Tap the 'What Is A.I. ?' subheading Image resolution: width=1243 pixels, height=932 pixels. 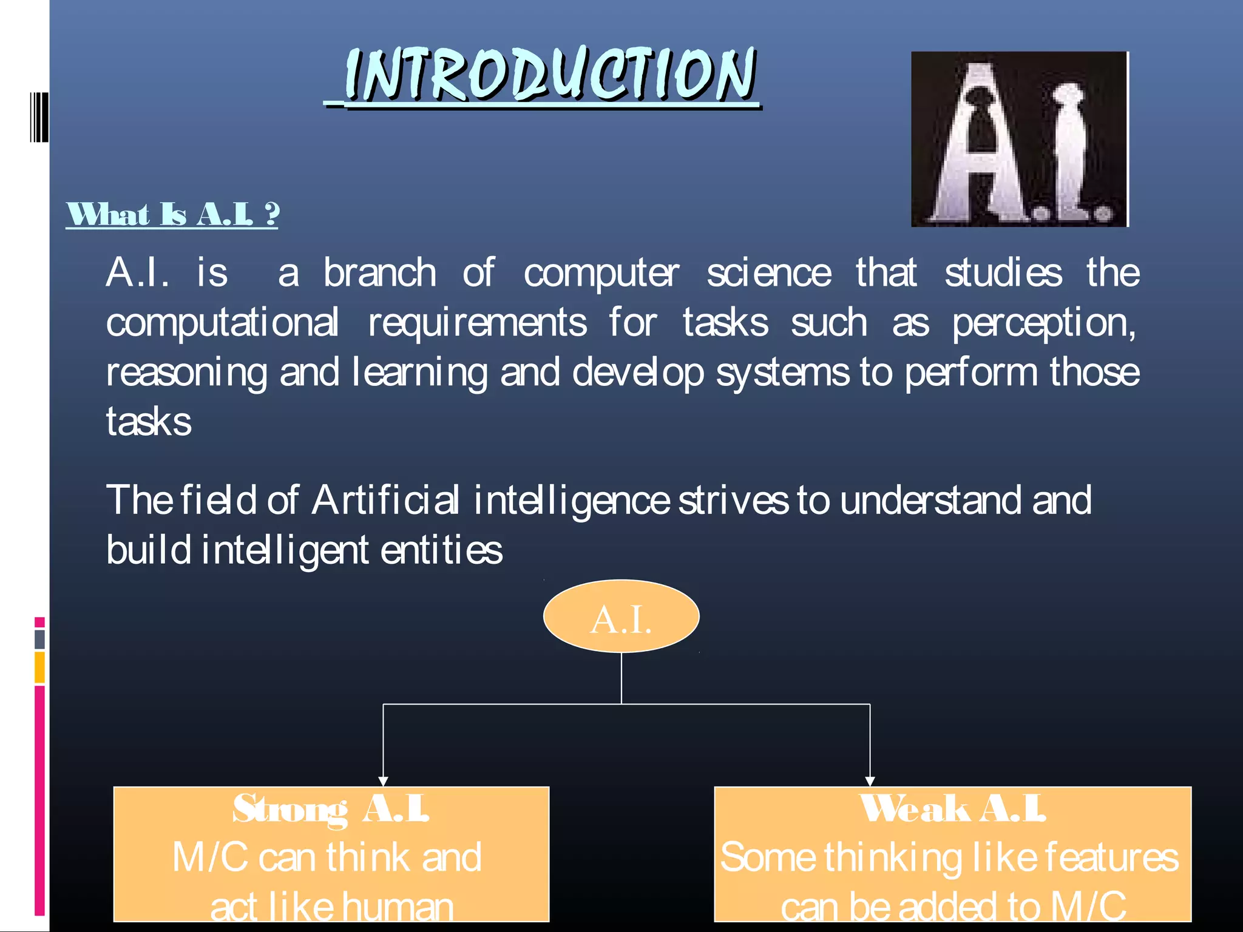coord(172,215)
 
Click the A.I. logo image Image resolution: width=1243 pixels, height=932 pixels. coord(1019,139)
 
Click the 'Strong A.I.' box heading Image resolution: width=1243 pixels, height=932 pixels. coord(331,809)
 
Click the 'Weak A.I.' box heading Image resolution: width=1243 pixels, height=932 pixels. coord(952,809)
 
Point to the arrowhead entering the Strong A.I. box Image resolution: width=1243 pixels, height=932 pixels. coord(383,781)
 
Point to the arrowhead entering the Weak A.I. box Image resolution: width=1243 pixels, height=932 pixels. coord(870,781)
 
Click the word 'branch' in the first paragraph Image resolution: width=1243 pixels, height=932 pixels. coord(379,273)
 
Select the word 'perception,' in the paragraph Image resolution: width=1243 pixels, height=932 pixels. coord(1043,323)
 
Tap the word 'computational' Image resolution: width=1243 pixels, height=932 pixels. coord(222,323)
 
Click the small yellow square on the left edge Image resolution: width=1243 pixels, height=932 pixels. coord(39,667)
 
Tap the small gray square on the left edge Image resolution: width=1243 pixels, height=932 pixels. coord(39,639)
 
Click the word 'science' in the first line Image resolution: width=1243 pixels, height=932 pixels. coord(768,273)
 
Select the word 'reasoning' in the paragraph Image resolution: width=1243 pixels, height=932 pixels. coord(186,373)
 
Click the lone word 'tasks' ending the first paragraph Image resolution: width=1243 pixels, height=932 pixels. coord(149,422)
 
